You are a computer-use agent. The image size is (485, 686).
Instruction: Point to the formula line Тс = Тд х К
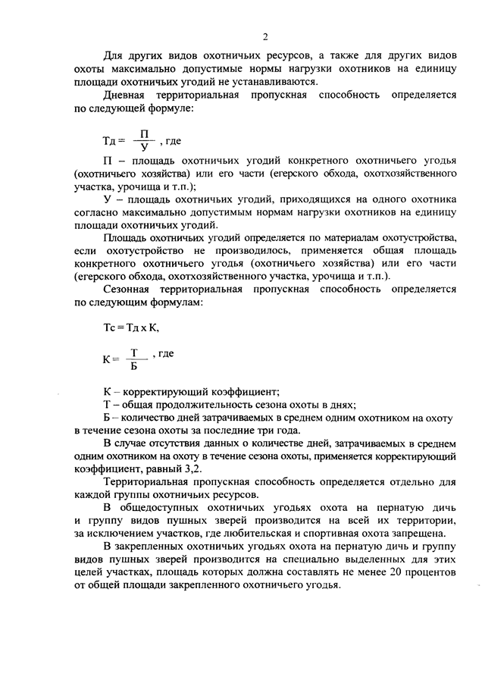pyautogui.click(x=131, y=328)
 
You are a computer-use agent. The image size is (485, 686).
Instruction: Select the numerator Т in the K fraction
pyautogui.click(x=134, y=352)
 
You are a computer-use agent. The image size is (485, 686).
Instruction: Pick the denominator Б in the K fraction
pyautogui.click(x=134, y=367)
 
